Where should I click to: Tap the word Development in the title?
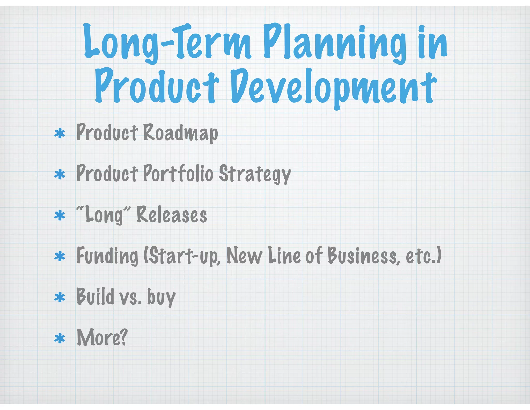334,87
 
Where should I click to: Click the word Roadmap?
180,133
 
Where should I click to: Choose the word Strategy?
255,174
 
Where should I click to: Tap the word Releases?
172,215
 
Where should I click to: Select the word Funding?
107,256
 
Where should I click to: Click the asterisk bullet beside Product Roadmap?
60,134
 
